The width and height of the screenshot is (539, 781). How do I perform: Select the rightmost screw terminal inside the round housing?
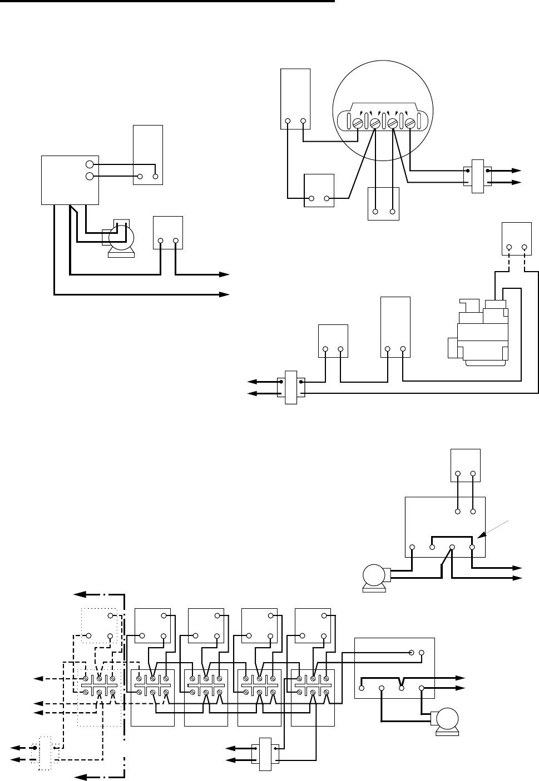pos(411,122)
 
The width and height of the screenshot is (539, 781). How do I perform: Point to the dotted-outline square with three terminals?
pos(101,626)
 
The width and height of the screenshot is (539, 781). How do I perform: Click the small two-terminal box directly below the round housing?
pos(384,203)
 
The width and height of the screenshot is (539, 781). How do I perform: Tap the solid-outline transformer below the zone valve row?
pos(264,754)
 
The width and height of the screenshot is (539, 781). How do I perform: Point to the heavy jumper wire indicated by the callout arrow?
pos(452,538)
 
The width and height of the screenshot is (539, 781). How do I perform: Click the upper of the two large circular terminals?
pos(90,164)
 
